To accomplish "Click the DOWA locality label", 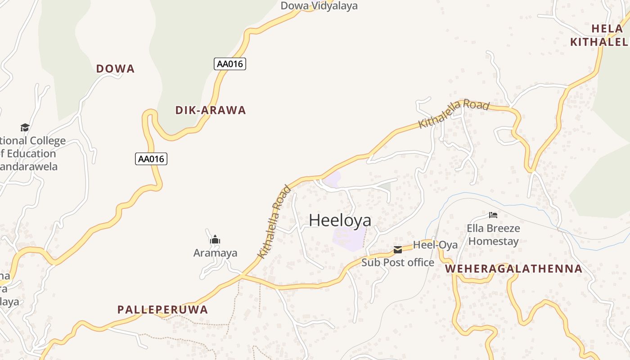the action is coord(115,69).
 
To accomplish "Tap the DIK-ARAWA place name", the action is coord(210,110).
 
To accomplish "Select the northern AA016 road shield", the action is coord(229,64).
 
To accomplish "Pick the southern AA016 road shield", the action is coord(151,159).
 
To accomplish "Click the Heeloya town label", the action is coord(340,220).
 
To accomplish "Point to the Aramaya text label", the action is coord(215,253).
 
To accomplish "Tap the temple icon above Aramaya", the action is coord(215,239).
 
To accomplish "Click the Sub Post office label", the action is coord(398,262).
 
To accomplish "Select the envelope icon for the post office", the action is coord(398,250).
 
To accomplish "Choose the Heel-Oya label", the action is coord(435,245).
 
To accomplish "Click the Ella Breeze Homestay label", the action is coord(493,234).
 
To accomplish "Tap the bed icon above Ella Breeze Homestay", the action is coord(493,215).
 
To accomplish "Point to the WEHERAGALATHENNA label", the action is coord(513,269).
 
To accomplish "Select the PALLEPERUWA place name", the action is coord(162,310).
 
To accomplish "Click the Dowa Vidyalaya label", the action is coord(319,6).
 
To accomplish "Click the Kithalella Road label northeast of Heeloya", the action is coord(454,113).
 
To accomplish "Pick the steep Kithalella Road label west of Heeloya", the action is coord(274,222).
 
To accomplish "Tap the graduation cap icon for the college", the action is coord(25,128).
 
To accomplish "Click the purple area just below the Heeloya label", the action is coord(349,238).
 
